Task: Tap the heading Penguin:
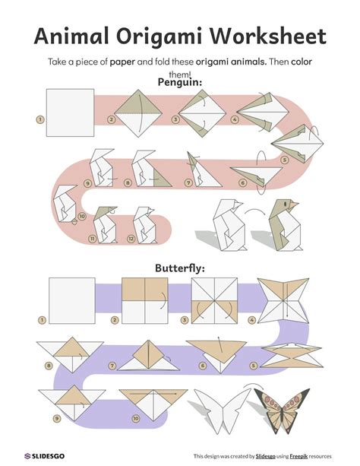[180, 82]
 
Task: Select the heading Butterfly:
[180, 268]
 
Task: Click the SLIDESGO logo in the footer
[44, 456]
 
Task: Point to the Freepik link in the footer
[298, 456]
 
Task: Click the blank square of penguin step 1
[70, 113]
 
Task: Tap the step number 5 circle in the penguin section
[284, 160]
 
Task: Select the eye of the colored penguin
[285, 204]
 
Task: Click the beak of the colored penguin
[293, 204]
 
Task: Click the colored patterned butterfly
[282, 411]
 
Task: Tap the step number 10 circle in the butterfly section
[135, 418]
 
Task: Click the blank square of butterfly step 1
[72, 301]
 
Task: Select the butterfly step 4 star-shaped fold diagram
[283, 301]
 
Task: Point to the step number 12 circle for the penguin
[131, 239]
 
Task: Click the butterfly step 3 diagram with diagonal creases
[214, 301]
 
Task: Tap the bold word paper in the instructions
[122, 62]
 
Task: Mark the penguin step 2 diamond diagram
[138, 113]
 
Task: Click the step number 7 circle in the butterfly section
[112, 366]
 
